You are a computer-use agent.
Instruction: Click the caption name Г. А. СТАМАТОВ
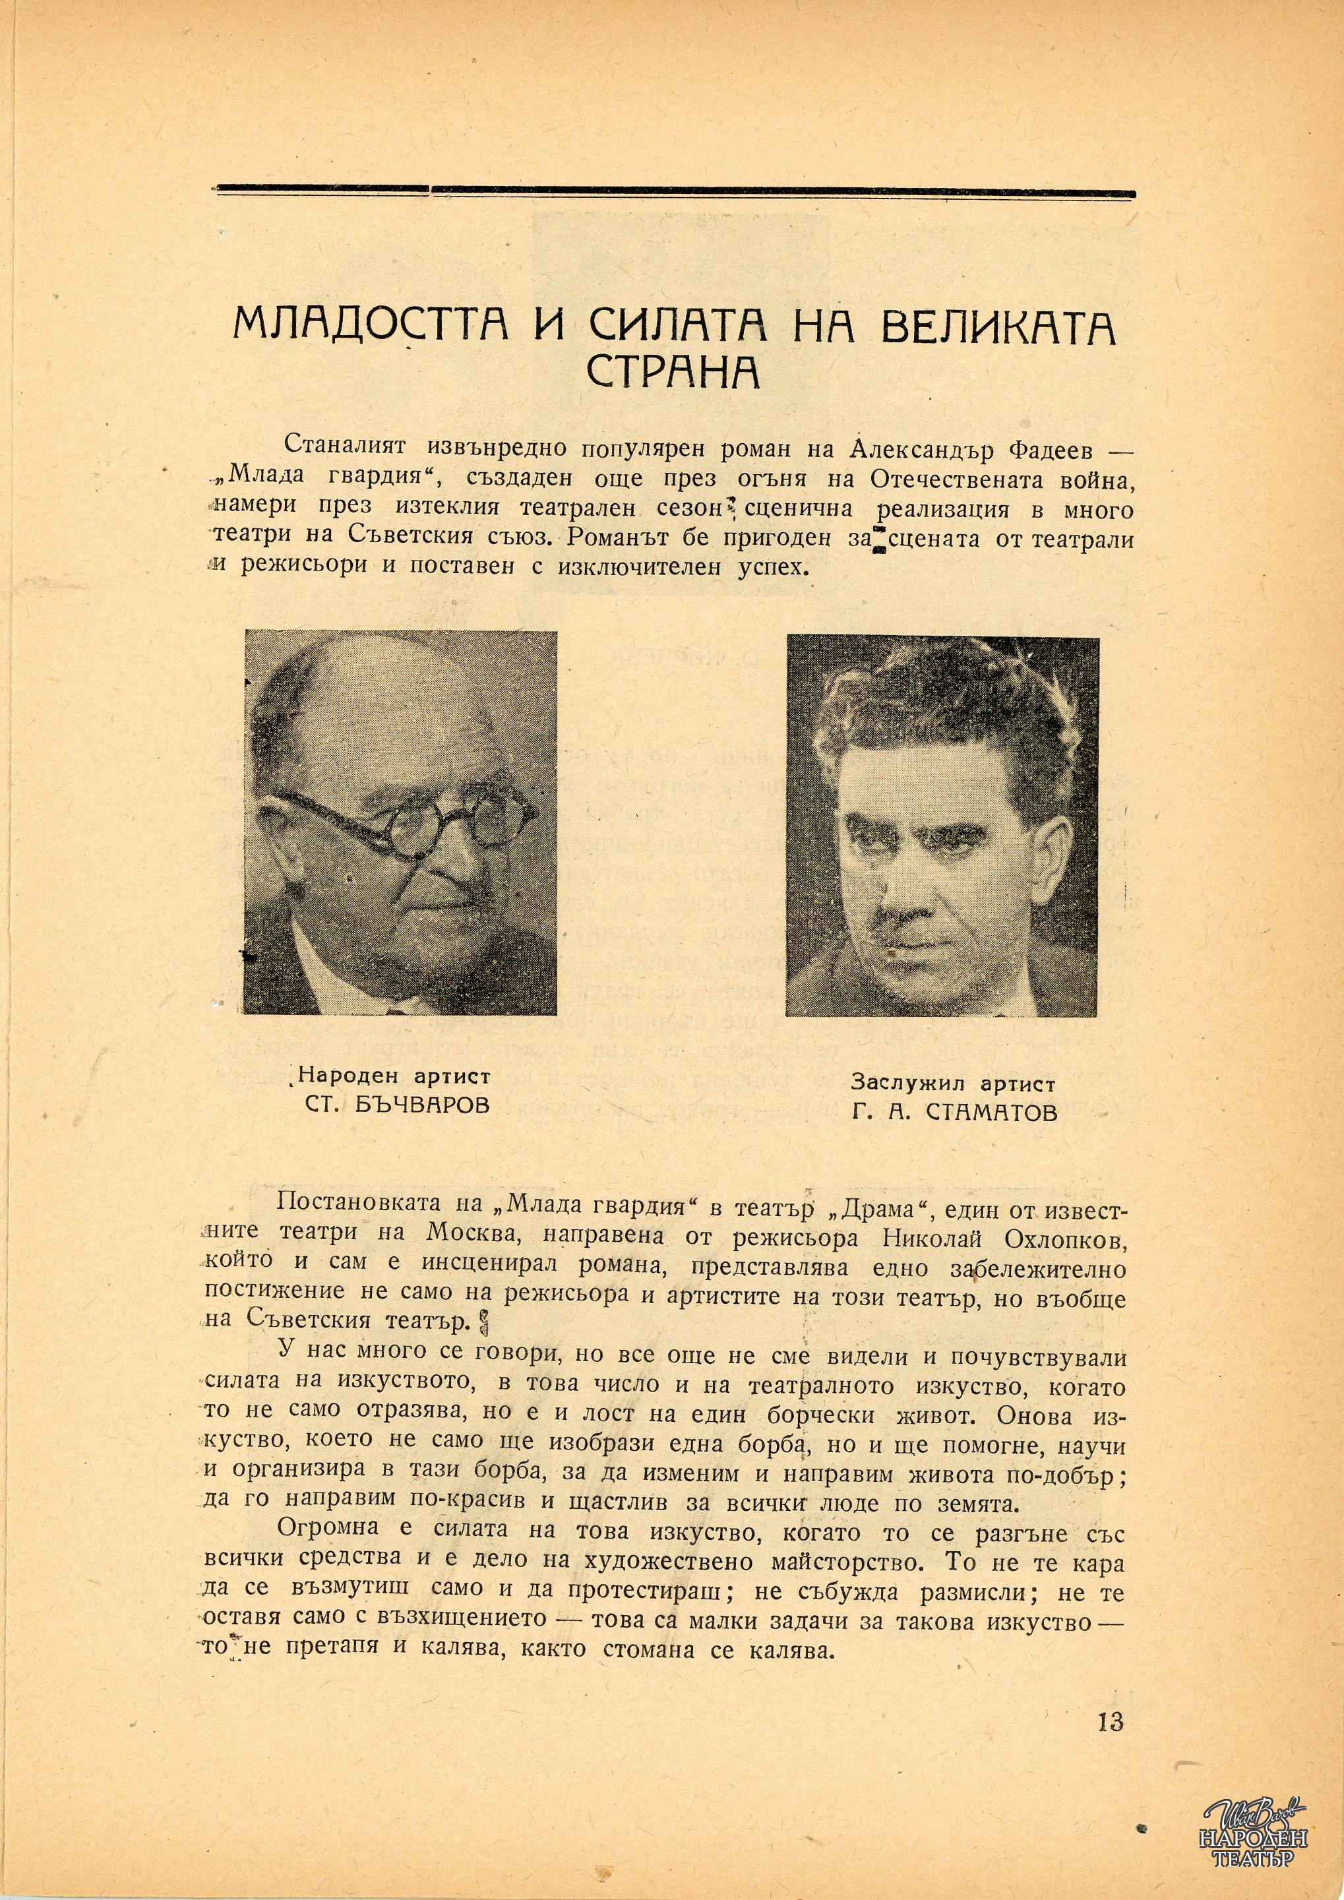[954, 1112]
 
